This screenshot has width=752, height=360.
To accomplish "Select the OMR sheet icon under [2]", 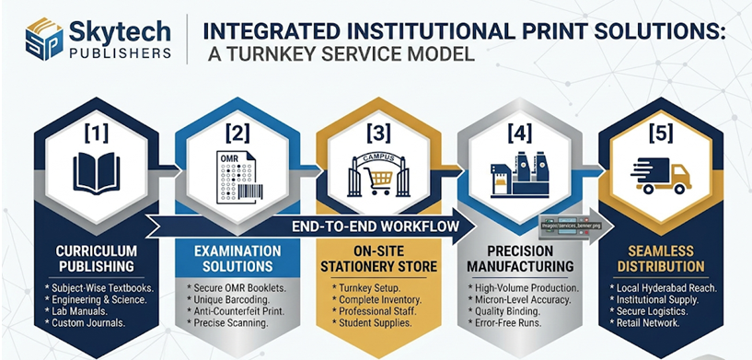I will (236, 175).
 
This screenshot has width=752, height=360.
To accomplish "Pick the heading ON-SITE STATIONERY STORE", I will (376, 261).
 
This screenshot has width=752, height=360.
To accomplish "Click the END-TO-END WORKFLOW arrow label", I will (378, 226).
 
